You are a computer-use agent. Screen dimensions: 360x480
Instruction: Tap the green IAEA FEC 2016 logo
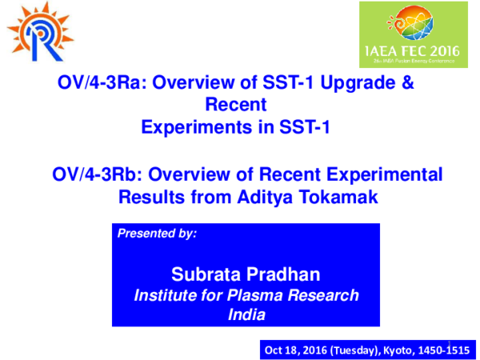[x=410, y=36]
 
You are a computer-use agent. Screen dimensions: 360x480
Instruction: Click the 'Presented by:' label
[x=157, y=234]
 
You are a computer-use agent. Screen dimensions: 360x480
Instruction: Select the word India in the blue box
[x=246, y=315]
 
